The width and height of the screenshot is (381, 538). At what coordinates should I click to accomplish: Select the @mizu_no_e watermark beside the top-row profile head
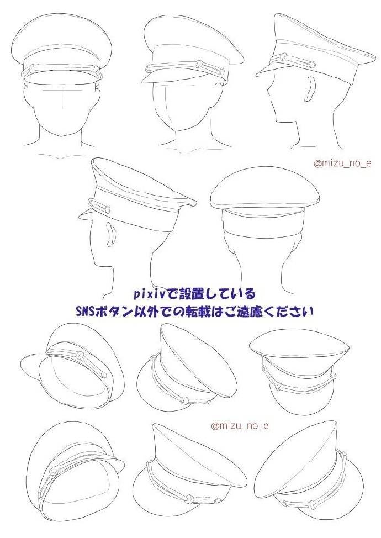click(x=342, y=163)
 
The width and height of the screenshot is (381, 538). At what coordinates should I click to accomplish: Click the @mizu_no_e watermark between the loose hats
click(x=240, y=426)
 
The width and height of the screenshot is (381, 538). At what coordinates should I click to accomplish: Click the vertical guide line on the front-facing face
click(x=61, y=99)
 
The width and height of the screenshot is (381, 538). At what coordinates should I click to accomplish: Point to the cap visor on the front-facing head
click(x=62, y=78)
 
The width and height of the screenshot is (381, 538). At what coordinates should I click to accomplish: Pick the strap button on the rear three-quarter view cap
click(x=107, y=209)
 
